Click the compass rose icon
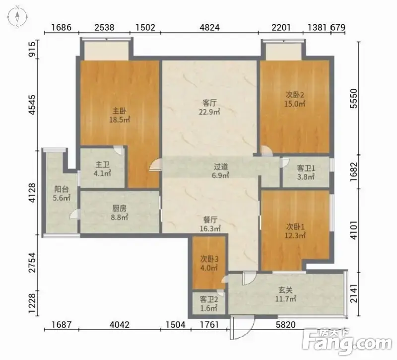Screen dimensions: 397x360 pyautogui.click(x=17, y=17)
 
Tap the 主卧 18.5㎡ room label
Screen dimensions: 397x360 pyautogui.click(x=119, y=115)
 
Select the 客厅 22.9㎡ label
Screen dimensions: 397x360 pyautogui.click(x=209, y=107)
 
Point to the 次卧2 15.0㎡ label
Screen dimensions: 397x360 pyautogui.click(x=295, y=99)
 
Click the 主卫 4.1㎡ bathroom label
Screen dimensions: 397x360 pyautogui.click(x=103, y=169)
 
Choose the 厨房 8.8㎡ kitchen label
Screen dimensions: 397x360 pyautogui.click(x=119, y=213)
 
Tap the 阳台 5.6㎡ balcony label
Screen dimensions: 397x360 pyautogui.click(x=61, y=193)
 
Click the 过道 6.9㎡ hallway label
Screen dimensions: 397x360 pyautogui.click(x=221, y=171)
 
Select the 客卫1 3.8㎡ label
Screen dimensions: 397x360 pyautogui.click(x=306, y=172)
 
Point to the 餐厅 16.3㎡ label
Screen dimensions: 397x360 pyautogui.click(x=210, y=224)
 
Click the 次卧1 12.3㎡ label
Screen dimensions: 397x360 pyautogui.click(x=295, y=231)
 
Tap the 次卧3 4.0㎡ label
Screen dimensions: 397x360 pyautogui.click(x=209, y=263)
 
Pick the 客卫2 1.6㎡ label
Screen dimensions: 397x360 pyautogui.click(x=208, y=304)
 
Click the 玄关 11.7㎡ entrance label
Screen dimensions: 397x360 pyautogui.click(x=286, y=294)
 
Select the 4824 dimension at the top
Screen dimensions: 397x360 pyautogui.click(x=209, y=27)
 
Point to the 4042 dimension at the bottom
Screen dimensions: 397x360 pyautogui.click(x=119, y=325)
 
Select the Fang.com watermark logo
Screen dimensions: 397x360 pyautogui.click(x=347, y=342)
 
